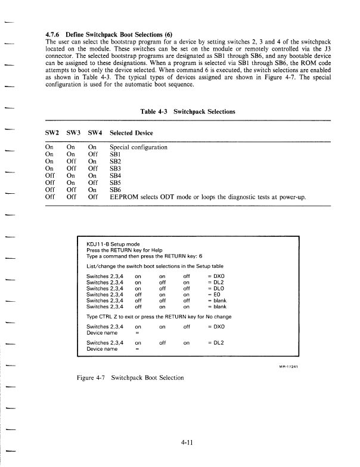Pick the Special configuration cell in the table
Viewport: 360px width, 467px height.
click(x=139, y=147)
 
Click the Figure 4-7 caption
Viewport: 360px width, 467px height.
click(x=134, y=378)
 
